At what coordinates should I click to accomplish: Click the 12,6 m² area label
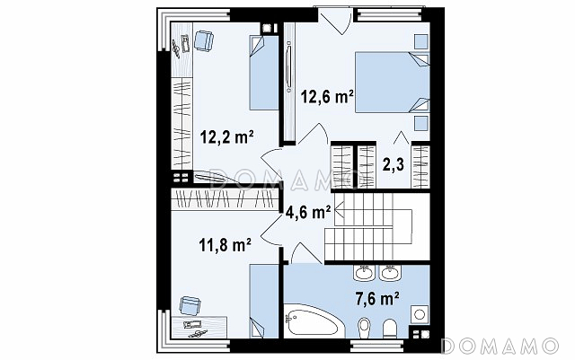[327, 97]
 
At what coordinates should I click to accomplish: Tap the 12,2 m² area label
[227, 137]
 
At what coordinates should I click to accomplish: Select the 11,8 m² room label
[225, 244]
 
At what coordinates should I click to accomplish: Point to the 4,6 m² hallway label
[308, 212]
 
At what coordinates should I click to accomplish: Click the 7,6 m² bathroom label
[377, 299]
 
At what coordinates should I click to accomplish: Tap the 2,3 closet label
[394, 165]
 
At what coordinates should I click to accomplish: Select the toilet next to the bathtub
[364, 328]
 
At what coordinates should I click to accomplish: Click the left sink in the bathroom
[364, 272]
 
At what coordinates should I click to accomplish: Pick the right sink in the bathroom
[390, 272]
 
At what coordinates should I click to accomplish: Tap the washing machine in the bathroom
[420, 314]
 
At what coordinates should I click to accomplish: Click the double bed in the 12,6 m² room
[392, 82]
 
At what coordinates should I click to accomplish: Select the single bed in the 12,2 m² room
[264, 72]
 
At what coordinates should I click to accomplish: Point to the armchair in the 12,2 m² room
[203, 41]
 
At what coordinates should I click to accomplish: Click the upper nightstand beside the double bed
[421, 41]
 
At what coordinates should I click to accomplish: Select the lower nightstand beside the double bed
[421, 124]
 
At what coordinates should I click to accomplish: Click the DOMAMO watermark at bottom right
[500, 347]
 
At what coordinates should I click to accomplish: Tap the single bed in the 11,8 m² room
[264, 301]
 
